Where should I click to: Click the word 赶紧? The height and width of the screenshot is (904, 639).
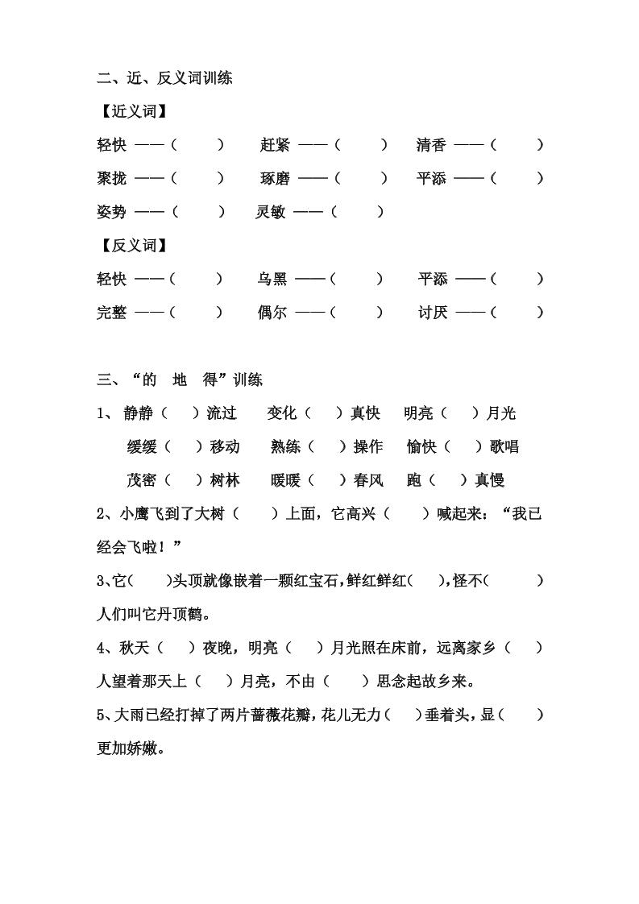(x=276, y=145)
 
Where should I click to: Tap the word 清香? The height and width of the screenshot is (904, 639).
(x=431, y=145)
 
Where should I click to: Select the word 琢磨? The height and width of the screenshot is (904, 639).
(x=276, y=179)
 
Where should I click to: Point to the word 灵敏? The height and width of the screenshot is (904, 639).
(x=271, y=212)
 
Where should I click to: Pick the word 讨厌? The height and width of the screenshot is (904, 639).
(x=433, y=313)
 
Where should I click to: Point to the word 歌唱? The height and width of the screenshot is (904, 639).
(x=504, y=446)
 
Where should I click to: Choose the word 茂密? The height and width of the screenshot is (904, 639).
(x=142, y=480)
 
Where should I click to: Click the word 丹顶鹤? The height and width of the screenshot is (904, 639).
(x=172, y=615)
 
